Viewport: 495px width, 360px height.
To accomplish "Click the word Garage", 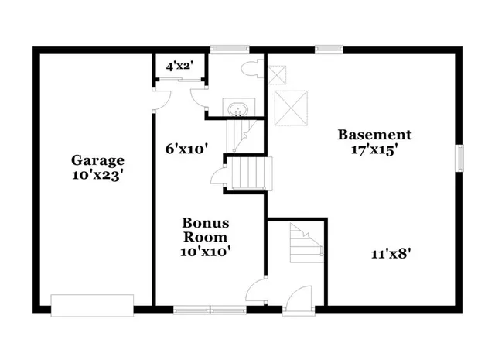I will click(x=97, y=160).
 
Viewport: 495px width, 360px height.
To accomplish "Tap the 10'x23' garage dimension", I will click(x=97, y=175).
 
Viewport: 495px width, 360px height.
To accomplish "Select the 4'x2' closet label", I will click(x=180, y=67).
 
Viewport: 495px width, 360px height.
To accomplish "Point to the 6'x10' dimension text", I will click(x=186, y=149).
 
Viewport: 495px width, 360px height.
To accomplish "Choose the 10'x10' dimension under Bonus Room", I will click(x=205, y=251).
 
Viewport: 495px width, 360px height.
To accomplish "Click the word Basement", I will click(x=374, y=135).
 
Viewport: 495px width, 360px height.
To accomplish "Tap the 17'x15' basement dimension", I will click(x=374, y=150).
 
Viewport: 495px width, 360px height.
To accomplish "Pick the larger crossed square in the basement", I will click(x=292, y=106).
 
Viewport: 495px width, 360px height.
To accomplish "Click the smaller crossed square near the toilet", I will click(x=278, y=74).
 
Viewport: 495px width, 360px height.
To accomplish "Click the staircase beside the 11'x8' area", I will click(x=305, y=241).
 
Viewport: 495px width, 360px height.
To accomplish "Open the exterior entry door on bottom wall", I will click(x=297, y=303).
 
